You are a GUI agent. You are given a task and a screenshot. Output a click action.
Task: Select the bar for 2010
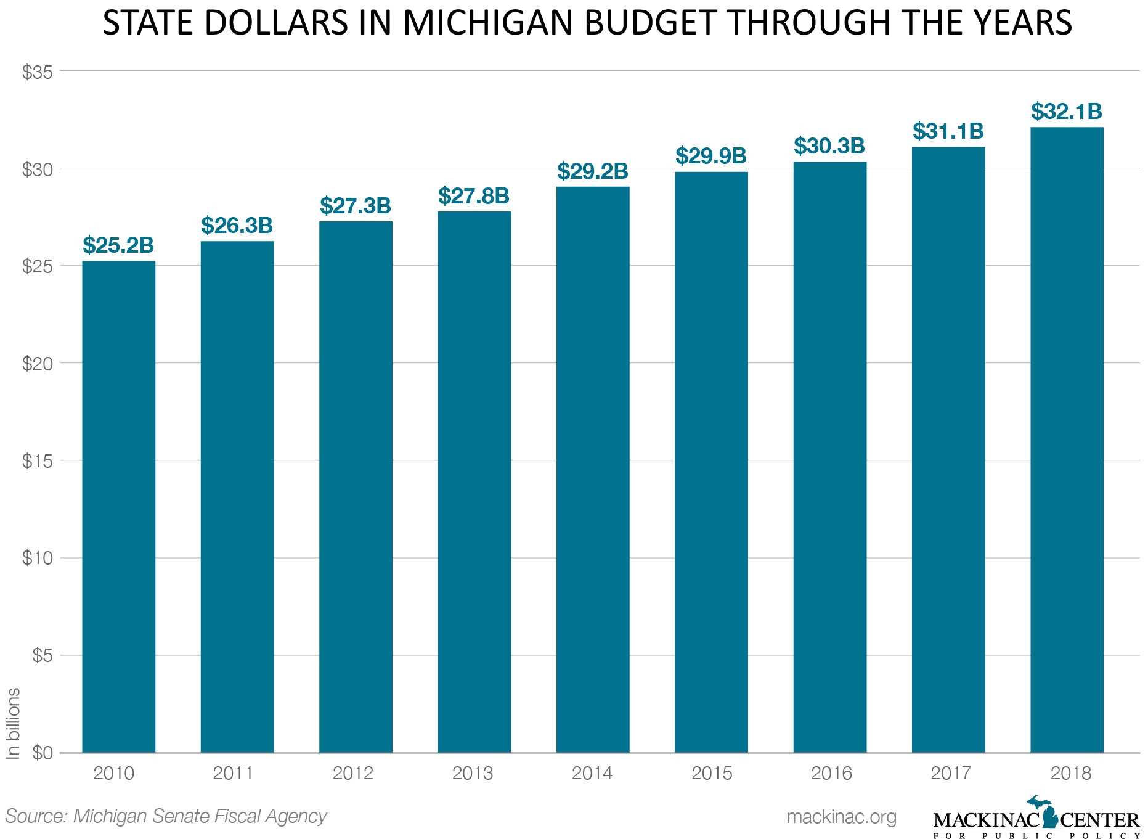pos(118,505)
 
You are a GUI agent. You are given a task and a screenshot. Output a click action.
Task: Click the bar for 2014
pos(593,469)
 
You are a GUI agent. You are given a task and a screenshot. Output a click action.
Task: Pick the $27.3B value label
pos(356,206)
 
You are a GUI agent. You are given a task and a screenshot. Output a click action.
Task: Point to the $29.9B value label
pos(711,156)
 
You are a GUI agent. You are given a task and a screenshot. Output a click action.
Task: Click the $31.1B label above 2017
pos(948,131)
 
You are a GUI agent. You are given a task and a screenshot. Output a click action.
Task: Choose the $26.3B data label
pos(237,226)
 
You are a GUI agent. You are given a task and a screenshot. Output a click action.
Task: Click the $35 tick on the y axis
pos(38,73)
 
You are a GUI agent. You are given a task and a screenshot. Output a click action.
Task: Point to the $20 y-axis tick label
pos(38,364)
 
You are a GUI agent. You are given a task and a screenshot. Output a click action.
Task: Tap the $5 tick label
pos(43,655)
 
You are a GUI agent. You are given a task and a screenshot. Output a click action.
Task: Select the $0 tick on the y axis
pos(43,753)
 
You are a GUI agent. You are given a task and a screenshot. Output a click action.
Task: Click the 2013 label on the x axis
pos(473,773)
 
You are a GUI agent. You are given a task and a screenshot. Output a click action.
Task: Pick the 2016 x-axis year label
pos(831,773)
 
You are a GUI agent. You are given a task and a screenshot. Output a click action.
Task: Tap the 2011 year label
pos(233,773)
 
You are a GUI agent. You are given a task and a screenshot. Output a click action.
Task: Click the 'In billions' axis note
pos(14,723)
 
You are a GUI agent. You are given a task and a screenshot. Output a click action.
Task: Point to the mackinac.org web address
pos(841,817)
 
